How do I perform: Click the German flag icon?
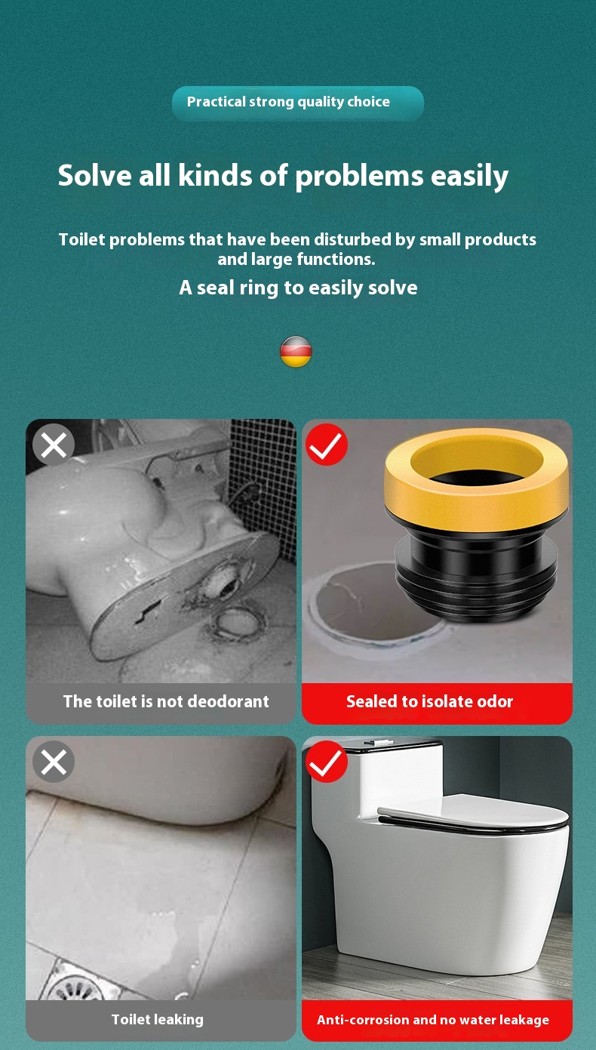pyautogui.click(x=296, y=352)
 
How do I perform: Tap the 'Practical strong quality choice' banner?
pyautogui.click(x=297, y=103)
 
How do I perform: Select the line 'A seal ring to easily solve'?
pyautogui.click(x=298, y=288)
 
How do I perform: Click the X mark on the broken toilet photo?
pyautogui.click(x=54, y=445)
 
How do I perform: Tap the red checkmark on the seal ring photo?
pyautogui.click(x=327, y=445)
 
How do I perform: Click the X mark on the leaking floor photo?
pyautogui.click(x=54, y=762)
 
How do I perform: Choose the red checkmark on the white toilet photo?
pyautogui.click(x=327, y=762)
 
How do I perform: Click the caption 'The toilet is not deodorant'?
pyautogui.click(x=166, y=702)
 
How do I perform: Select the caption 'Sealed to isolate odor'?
pyautogui.click(x=429, y=702)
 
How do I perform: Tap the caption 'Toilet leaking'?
pyautogui.click(x=158, y=1020)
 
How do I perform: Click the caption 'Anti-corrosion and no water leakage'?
pyautogui.click(x=433, y=1021)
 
